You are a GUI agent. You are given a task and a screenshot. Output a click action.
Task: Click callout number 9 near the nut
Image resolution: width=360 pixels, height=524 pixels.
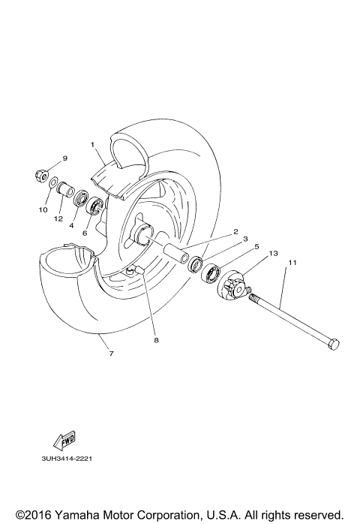64,158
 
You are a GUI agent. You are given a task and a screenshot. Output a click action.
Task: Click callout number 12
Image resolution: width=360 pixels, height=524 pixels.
57,218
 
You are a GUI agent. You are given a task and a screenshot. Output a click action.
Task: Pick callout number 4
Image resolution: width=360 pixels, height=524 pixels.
72,225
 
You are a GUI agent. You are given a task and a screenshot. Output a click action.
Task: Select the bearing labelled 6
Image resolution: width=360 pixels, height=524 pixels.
96,207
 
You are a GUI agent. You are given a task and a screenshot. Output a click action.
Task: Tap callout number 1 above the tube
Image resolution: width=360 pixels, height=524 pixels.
91,144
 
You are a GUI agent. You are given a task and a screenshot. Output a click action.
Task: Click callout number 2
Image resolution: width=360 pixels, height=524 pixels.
235,232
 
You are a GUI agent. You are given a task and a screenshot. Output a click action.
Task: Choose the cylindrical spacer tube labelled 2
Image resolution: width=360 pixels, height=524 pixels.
178,254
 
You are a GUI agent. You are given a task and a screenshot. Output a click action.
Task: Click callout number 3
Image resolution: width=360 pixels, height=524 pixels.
245,239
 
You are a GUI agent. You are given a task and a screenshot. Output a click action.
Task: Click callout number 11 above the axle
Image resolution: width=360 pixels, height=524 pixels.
292,263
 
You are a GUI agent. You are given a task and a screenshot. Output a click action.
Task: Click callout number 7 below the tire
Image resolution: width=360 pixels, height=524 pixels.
111,353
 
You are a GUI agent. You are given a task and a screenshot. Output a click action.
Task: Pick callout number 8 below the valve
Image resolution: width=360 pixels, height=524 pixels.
156,340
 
